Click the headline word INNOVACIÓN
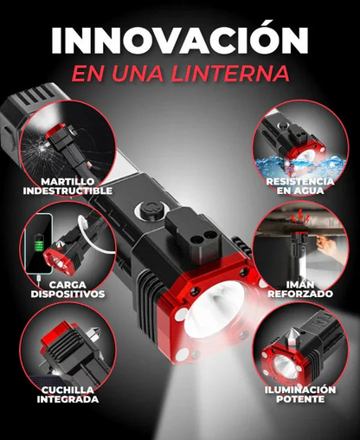coord(180,40)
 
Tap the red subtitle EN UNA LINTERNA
coord(180,73)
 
